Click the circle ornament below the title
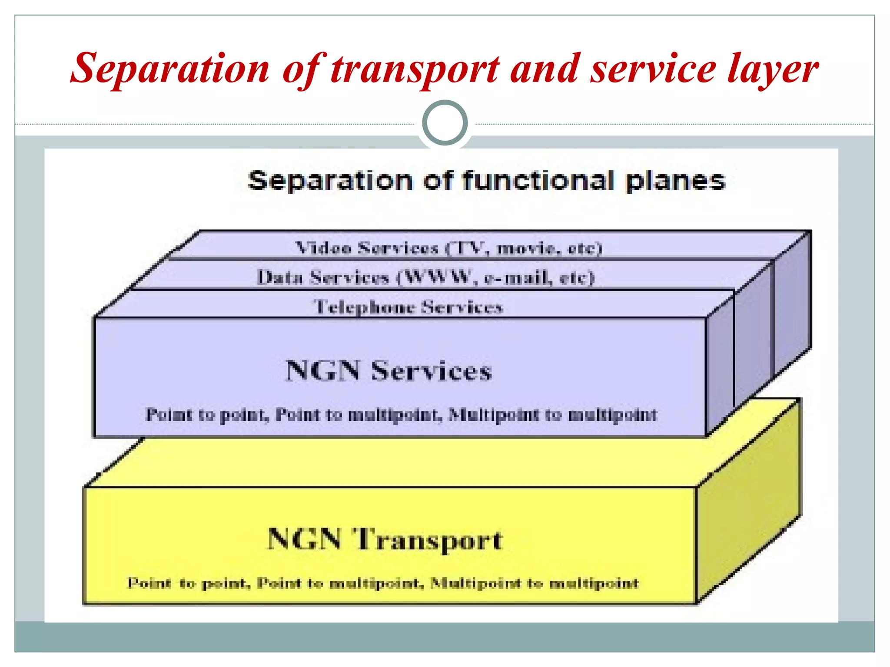[445, 123]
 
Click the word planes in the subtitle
[675, 182]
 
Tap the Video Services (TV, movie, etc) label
[448, 248]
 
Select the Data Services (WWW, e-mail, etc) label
[425, 277]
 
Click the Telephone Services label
[408, 307]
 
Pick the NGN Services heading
[389, 371]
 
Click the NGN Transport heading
[385, 539]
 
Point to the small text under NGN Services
[401, 415]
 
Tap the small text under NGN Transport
[383, 583]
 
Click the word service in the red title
[652, 69]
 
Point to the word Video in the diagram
[323, 248]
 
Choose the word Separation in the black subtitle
[330, 181]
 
